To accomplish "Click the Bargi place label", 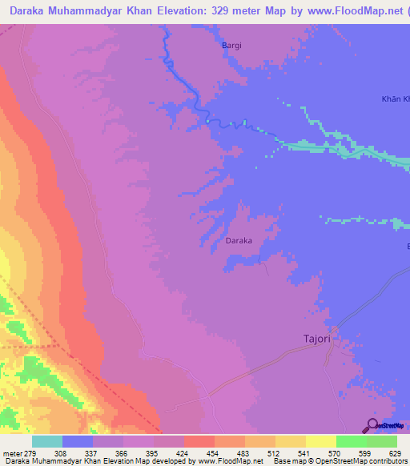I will pyautogui.click(x=231, y=46).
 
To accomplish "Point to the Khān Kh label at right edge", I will pyautogui.click(x=395, y=99).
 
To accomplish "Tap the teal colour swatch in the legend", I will pyautogui.click(x=47, y=442).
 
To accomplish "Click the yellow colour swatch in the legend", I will pyautogui.click(x=321, y=442).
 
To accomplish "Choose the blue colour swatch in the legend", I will pyautogui.click(x=78, y=442).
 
